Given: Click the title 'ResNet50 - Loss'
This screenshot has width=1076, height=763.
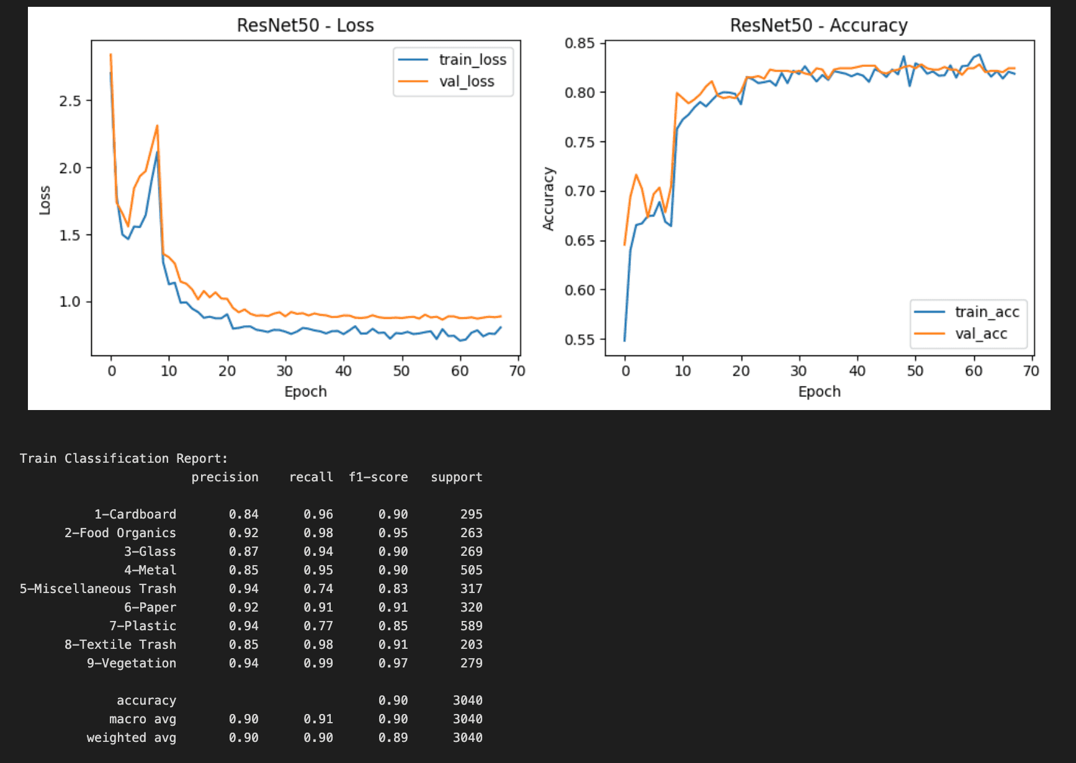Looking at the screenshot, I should coord(305,25).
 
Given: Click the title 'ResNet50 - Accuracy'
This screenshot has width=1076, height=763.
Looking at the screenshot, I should coord(818,25).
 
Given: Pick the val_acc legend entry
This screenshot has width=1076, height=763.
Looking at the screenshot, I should coord(980,334).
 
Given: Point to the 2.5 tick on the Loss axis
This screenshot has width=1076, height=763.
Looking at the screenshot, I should coord(70,100).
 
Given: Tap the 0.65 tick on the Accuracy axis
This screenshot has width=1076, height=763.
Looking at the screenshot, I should coord(580,241).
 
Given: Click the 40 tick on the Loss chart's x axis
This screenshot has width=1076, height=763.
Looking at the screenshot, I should coord(343,371).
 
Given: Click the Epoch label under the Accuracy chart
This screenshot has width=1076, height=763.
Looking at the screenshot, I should coord(819,391).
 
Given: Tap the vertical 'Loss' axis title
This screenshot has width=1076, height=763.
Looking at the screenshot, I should coord(45,200).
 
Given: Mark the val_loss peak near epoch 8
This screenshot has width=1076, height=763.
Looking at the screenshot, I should coord(157,126).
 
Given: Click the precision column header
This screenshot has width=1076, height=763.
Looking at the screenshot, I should coord(225,477).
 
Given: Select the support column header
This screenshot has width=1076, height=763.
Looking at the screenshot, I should coord(456,477).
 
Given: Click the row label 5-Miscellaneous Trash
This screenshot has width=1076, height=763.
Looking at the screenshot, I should coord(98,589).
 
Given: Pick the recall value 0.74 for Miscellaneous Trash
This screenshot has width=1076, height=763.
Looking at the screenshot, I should coord(318,589).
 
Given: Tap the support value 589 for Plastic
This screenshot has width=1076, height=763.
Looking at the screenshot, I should coord(471,626).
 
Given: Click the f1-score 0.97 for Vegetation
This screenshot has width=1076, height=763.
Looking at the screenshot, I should coord(393,663).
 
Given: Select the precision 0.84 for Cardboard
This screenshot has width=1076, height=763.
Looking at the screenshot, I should coord(243,514).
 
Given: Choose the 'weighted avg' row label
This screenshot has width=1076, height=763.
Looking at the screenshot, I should coord(131,738).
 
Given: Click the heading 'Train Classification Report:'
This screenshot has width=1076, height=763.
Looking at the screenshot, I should coord(123,458).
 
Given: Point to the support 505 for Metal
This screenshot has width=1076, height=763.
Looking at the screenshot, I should coord(471,570).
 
